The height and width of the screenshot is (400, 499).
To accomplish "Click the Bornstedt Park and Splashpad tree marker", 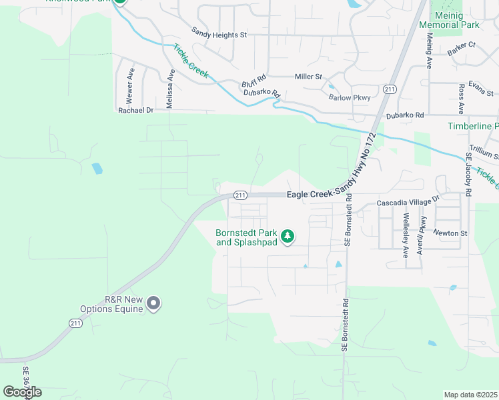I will [x=288, y=237].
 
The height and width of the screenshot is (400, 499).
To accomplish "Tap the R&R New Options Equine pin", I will [x=153, y=304].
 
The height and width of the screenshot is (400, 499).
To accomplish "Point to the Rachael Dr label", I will [x=135, y=111].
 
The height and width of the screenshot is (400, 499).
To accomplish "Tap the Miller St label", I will [x=309, y=77].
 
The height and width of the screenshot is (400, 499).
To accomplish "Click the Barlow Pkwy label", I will [x=349, y=97].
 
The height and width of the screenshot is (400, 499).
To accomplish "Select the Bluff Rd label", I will [x=254, y=77].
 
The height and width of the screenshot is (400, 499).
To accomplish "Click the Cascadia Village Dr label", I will [x=409, y=199].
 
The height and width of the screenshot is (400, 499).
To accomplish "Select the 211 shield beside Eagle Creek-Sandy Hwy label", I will [x=241, y=195].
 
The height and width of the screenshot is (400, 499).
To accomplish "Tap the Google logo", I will [x=22, y=392].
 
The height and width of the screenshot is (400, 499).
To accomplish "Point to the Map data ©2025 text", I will [x=470, y=395].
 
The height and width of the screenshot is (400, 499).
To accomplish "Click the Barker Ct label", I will [x=462, y=45].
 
